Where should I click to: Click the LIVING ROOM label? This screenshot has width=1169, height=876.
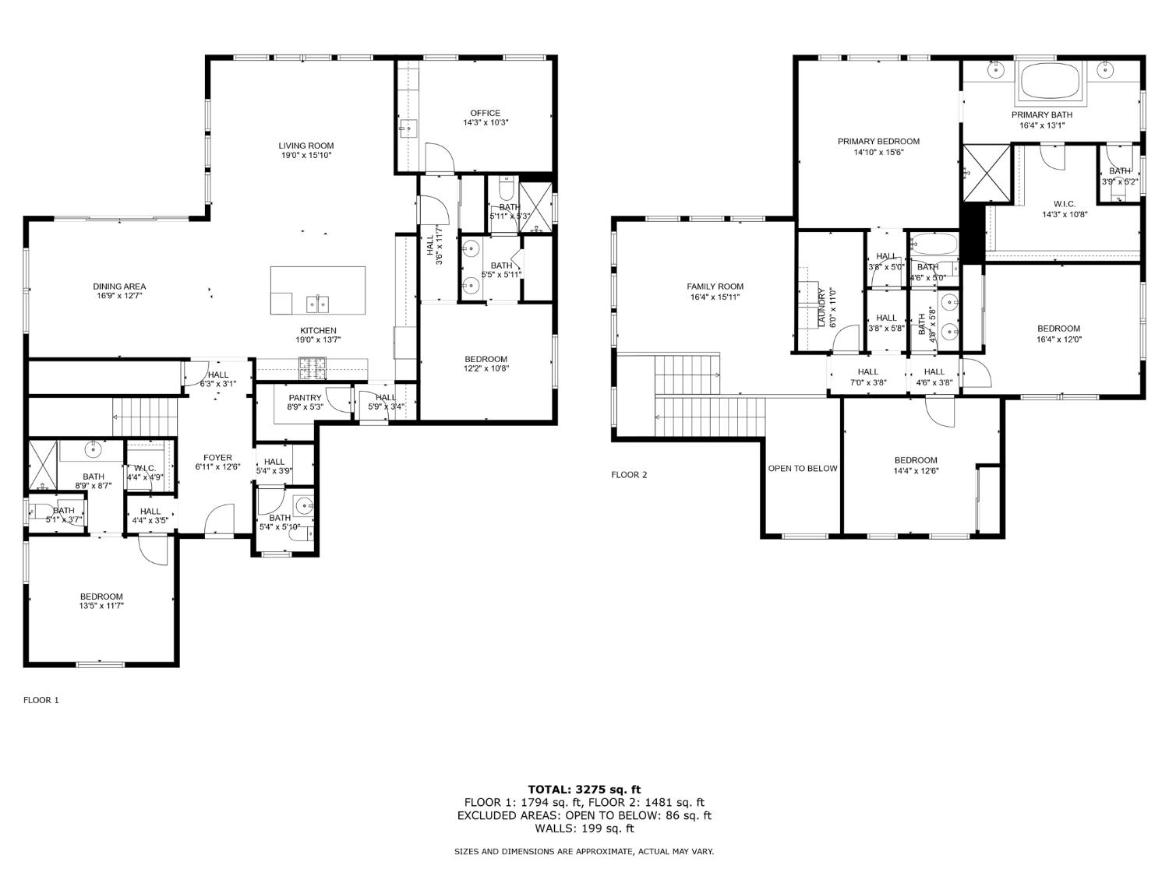point(306,146)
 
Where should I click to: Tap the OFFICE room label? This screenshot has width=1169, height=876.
point(485,114)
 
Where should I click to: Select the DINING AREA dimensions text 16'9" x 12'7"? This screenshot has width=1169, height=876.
point(119,296)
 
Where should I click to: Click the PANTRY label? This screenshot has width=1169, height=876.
point(304,398)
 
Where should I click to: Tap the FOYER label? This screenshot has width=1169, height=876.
point(217,458)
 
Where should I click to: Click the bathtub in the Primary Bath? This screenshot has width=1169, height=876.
point(1050,80)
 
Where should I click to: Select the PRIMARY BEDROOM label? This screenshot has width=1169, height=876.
point(878,142)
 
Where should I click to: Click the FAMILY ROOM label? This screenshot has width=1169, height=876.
point(715,287)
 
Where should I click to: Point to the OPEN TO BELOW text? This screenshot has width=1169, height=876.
point(803,469)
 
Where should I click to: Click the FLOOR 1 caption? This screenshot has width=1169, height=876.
point(41,700)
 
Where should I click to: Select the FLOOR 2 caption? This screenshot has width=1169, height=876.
point(629,475)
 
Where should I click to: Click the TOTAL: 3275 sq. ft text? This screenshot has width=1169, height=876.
point(584,790)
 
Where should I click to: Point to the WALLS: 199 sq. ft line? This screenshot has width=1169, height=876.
point(584,829)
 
